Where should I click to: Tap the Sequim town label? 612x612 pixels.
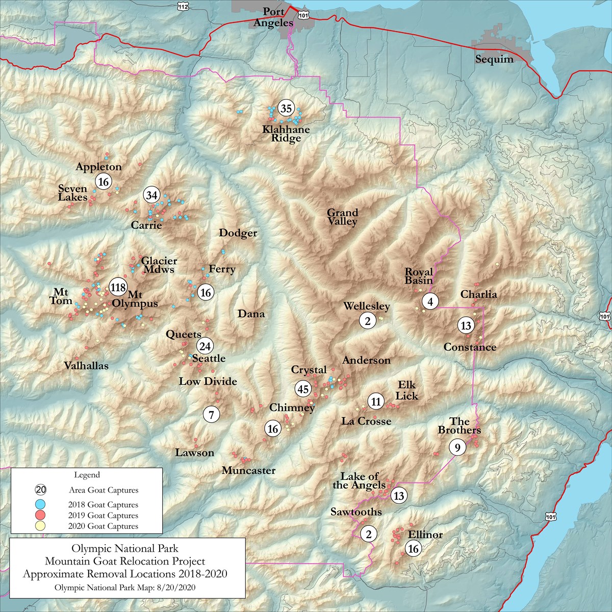tap(494, 59)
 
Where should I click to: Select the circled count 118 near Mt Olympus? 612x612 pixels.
tap(118, 287)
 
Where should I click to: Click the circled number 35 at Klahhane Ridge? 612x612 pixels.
tap(286, 108)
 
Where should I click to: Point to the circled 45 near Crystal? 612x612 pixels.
tap(303, 389)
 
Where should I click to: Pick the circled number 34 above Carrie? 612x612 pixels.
tap(151, 195)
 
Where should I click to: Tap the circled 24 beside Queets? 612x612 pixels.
tap(205, 346)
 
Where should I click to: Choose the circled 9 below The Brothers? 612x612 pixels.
tap(457, 448)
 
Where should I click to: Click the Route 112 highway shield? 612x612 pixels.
tap(183, 5)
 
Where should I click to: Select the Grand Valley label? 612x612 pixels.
tap(342, 217)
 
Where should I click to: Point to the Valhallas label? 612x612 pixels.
tap(86, 366)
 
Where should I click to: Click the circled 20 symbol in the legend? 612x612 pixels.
tap(41, 490)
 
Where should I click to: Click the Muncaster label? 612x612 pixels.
tap(248, 470)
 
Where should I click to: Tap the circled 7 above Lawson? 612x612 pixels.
tap(211, 414)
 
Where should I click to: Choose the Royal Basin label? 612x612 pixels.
tap(419, 276)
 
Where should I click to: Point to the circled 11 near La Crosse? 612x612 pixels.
tap(376, 401)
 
